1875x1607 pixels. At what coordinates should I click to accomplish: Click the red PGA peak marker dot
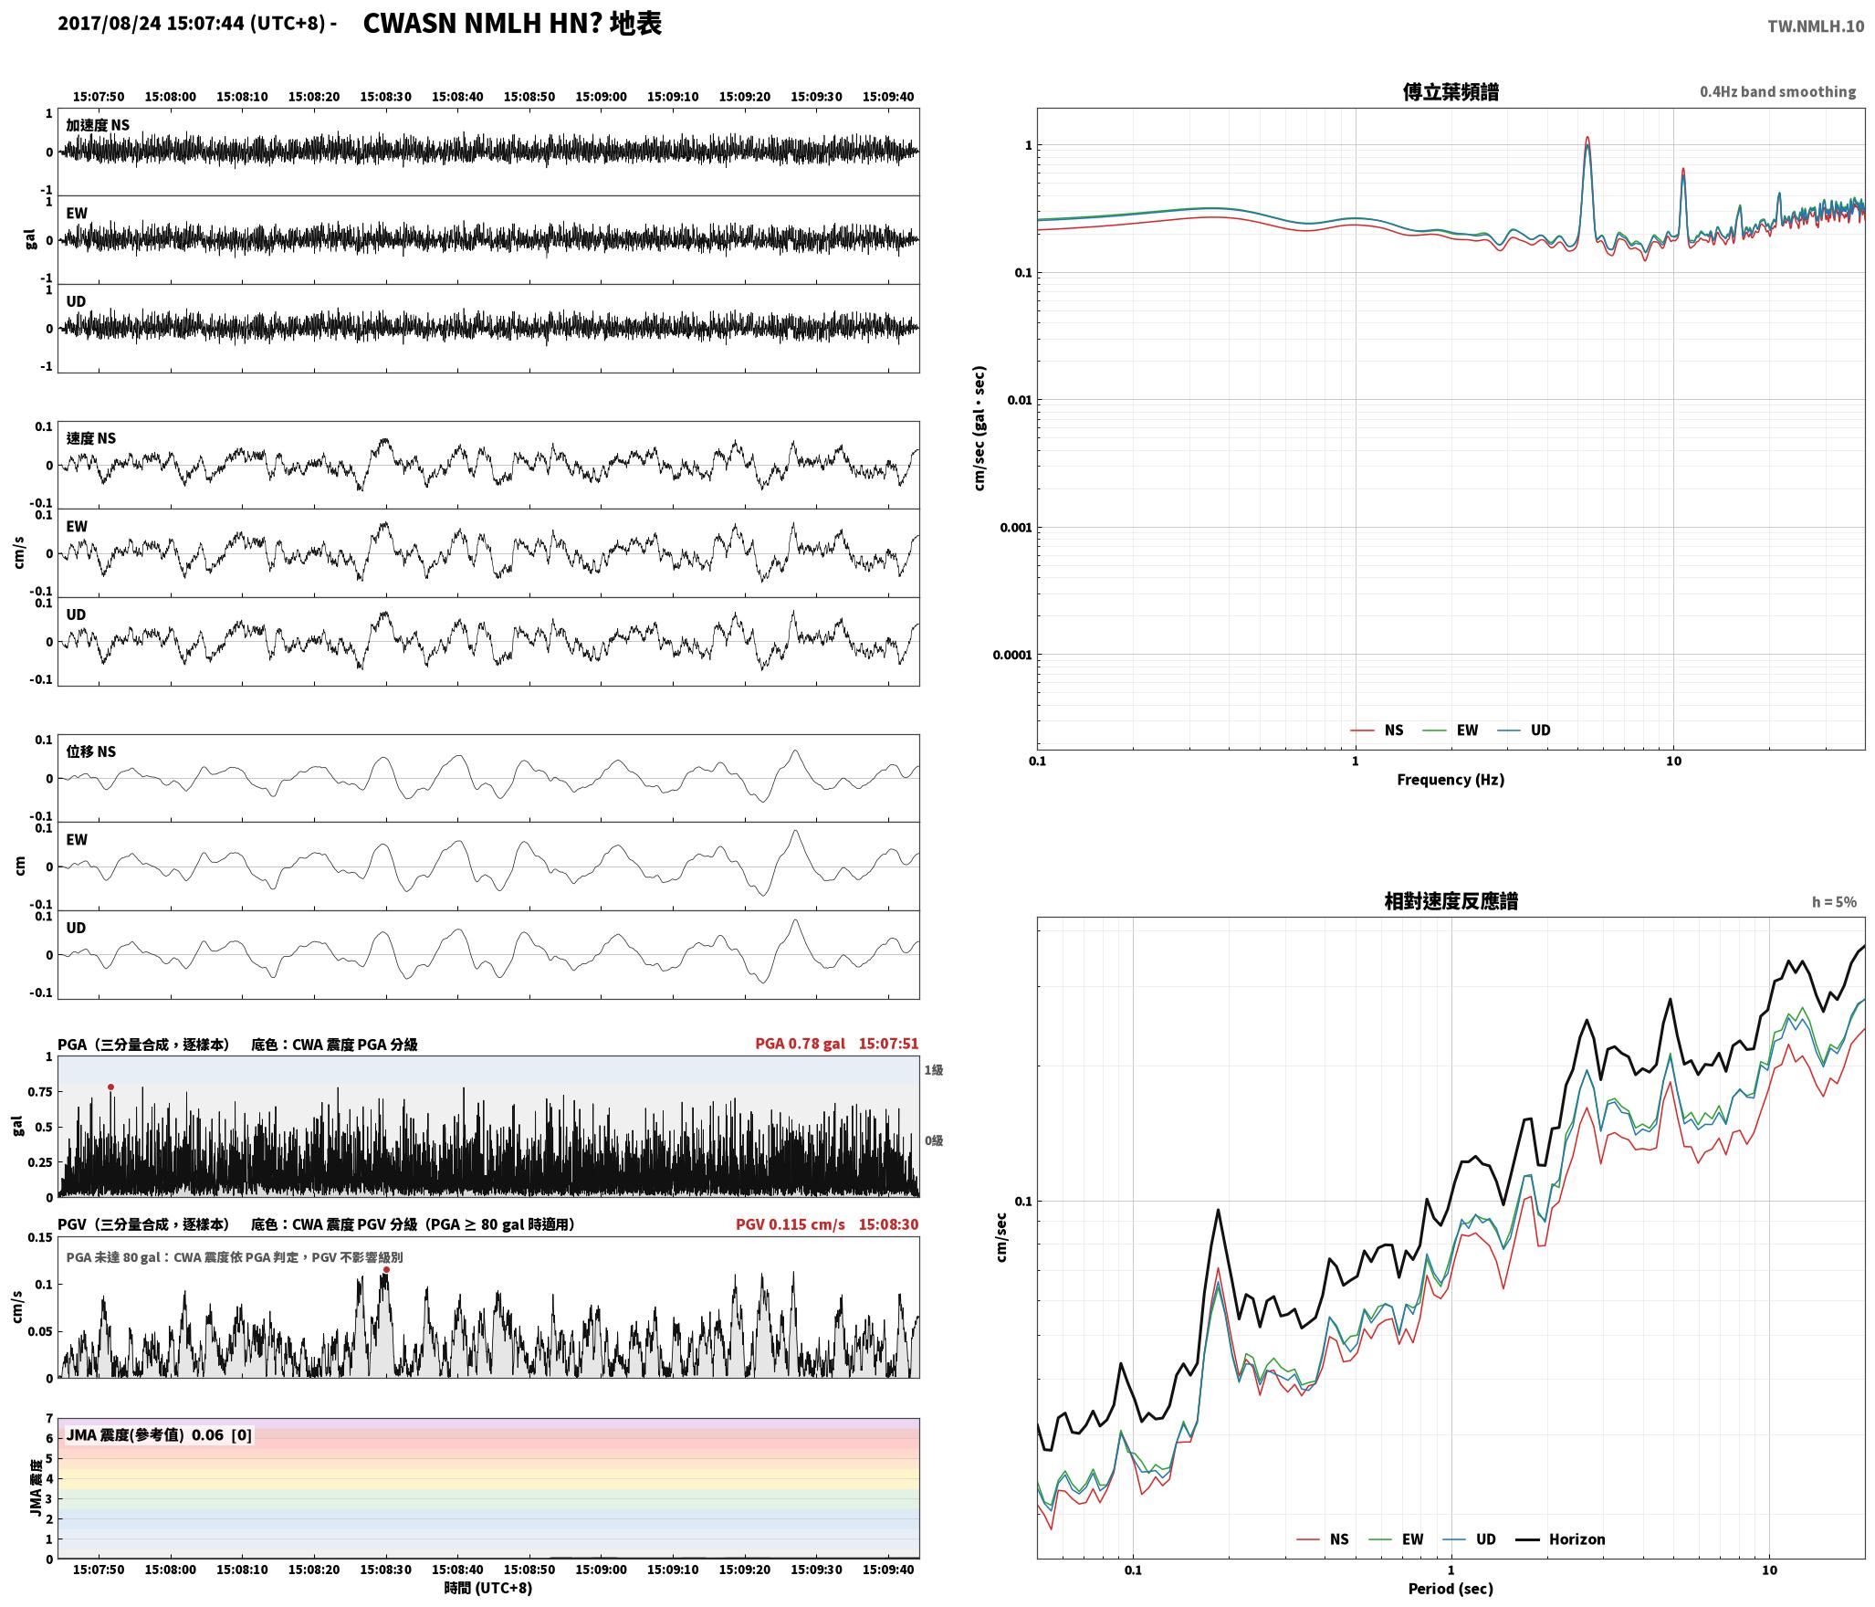110,1087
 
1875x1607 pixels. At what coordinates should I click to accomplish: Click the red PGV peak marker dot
386,1269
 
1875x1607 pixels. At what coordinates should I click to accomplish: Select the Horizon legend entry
1561,1539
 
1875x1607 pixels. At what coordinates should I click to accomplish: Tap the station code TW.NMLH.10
1816,26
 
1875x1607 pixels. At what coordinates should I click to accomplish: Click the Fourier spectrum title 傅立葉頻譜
1451,92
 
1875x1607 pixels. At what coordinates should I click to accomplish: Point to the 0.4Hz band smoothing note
1777,92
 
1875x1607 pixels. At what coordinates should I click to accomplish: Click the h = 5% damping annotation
1834,902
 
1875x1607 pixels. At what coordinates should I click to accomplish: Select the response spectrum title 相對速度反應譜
1451,901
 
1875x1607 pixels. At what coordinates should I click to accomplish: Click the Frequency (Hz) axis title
1451,780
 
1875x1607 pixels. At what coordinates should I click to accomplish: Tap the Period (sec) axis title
1451,1589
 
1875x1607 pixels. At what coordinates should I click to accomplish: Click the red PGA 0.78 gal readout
800,1044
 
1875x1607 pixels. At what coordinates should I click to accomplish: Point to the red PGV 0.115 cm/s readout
791,1224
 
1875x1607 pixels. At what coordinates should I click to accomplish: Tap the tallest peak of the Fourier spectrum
1587,138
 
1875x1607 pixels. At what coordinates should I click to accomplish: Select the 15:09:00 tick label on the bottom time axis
602,1570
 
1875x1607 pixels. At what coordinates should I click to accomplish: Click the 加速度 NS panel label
98,125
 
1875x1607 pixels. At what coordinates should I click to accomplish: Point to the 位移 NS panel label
91,751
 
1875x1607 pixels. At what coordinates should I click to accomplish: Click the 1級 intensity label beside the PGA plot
934,1070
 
